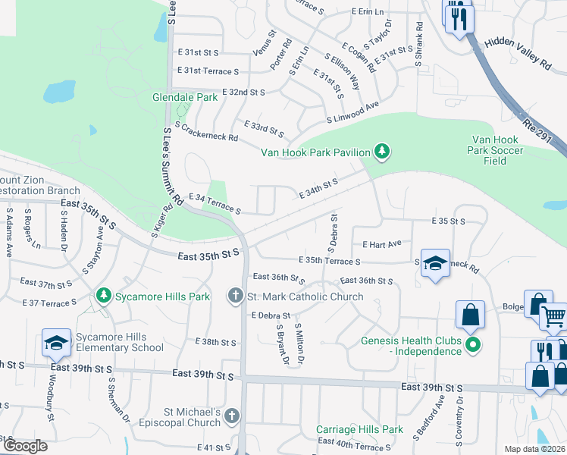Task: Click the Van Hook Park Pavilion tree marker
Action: coord(383,152)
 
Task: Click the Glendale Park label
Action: coord(185,98)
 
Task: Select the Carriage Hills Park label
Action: coord(359,429)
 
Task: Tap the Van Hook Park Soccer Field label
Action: coord(495,150)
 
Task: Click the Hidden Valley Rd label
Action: coord(518,53)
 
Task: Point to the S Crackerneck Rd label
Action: coord(206,131)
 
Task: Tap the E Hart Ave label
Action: coord(381,244)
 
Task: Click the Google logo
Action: coord(24,445)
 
